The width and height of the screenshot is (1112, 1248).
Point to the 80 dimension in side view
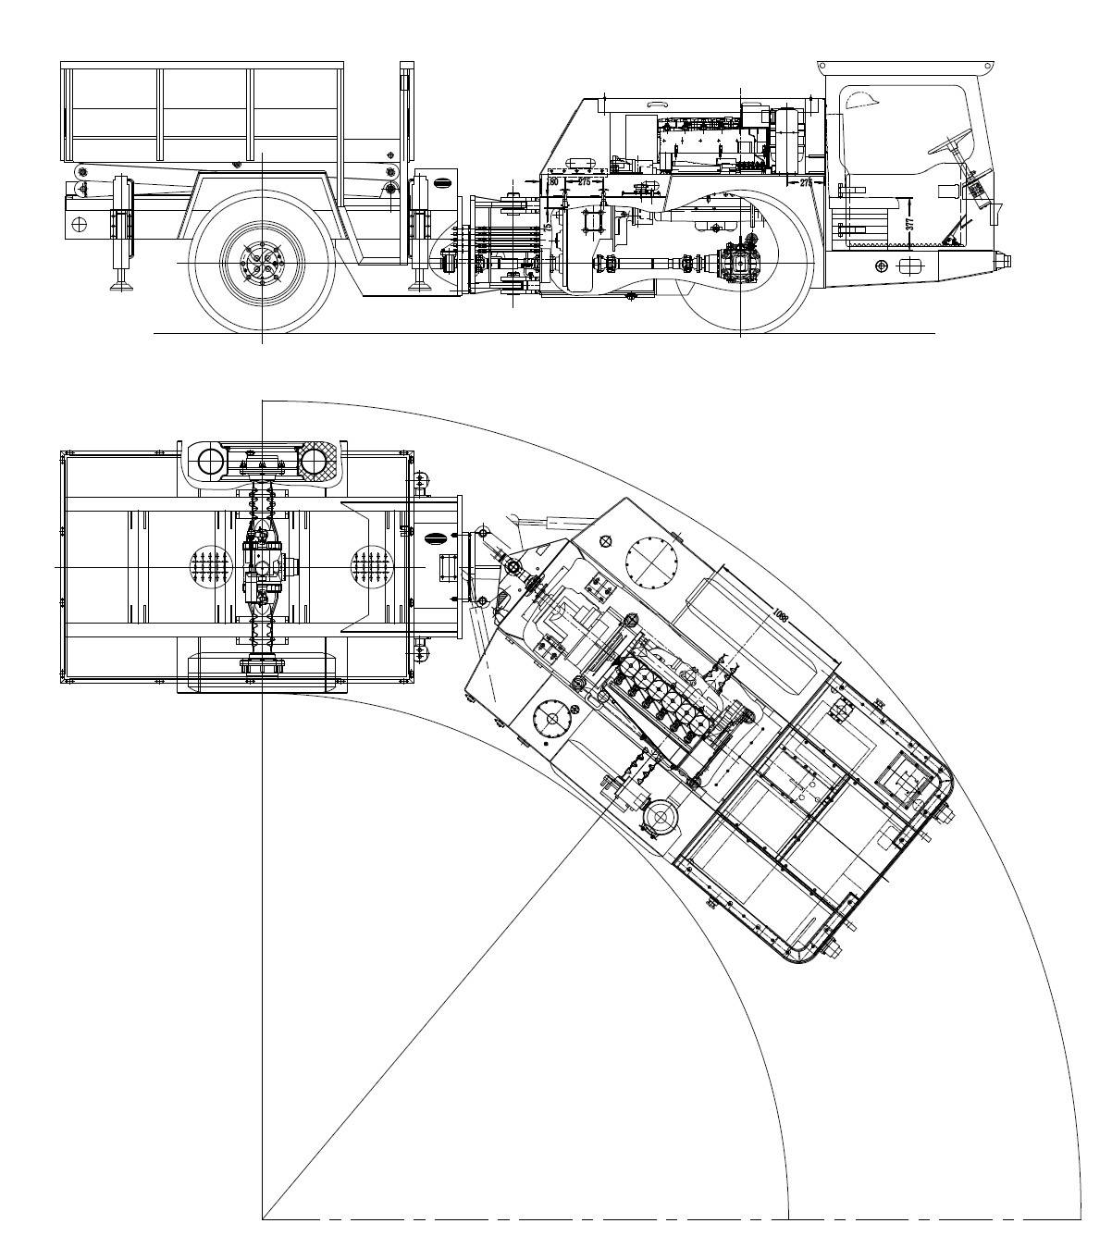[553, 182]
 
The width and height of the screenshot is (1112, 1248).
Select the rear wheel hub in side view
[262, 264]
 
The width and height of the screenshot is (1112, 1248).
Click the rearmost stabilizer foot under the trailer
[118, 283]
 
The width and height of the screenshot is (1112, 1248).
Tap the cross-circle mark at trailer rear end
[80, 224]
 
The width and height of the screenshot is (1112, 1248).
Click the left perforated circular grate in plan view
[210, 566]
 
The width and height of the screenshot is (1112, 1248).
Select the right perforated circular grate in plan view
[371, 566]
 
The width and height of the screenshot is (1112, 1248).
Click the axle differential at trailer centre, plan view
[263, 566]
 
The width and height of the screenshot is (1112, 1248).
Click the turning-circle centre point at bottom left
[263, 1218]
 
